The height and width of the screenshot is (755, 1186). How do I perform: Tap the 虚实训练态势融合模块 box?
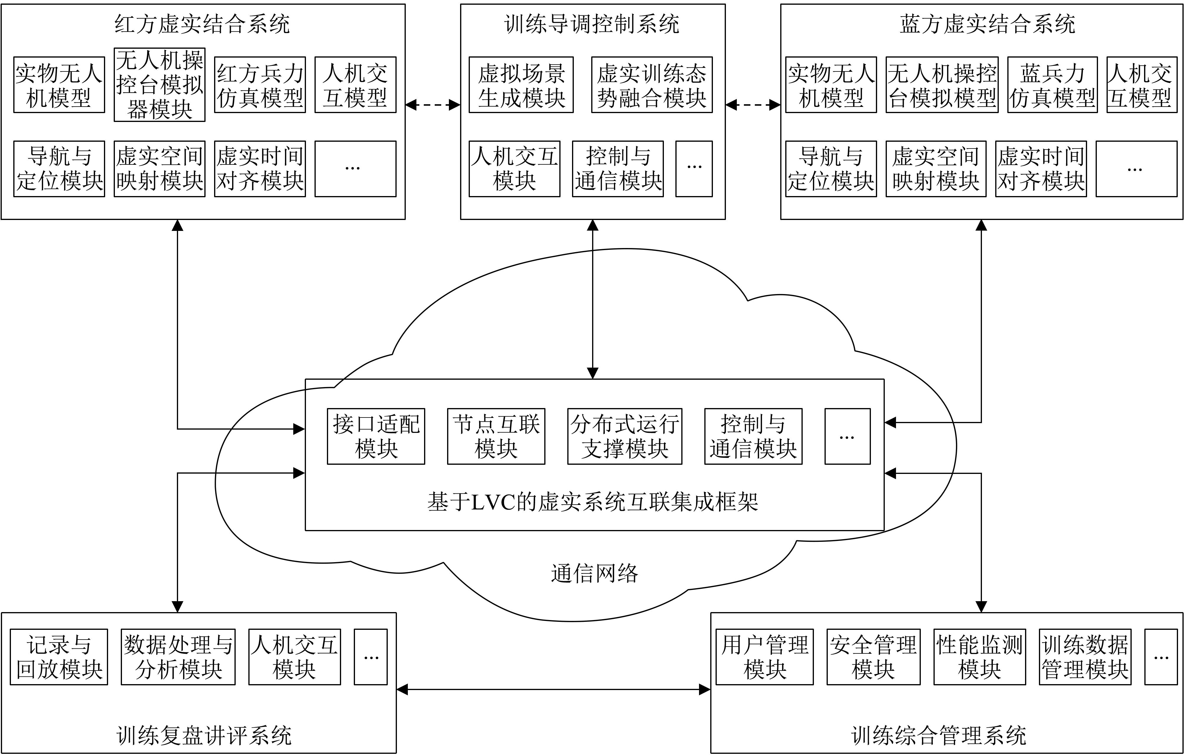[651, 85]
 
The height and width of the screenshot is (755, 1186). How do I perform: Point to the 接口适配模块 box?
[376, 436]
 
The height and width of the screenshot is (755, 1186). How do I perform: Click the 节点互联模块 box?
[496, 436]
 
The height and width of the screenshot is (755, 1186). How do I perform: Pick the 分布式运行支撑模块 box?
[625, 436]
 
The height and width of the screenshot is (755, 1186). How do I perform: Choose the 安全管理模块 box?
[873, 657]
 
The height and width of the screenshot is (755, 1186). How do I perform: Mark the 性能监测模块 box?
[980, 657]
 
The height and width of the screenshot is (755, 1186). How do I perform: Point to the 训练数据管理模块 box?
[1085, 657]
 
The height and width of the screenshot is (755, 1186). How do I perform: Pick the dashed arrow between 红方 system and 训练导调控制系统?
[432, 105]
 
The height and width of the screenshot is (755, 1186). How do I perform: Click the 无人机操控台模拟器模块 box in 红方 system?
[159, 85]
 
